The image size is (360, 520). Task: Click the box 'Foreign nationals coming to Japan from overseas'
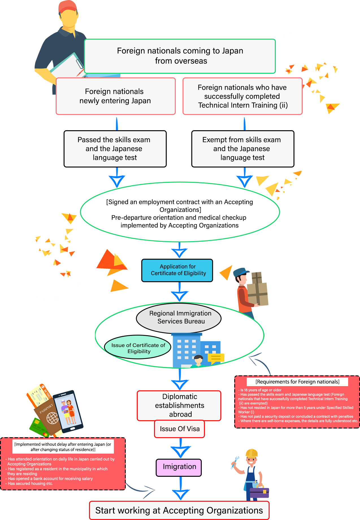[180, 56]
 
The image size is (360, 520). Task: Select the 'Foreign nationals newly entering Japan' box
[116, 96]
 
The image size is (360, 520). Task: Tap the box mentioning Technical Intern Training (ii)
[242, 96]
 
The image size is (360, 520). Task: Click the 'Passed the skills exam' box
[115, 149]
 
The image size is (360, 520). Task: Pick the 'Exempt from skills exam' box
[242, 149]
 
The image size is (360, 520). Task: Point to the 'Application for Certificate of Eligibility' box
[177, 270]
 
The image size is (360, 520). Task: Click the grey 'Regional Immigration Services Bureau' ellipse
[179, 318]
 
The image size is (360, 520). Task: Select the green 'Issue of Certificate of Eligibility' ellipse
[138, 347]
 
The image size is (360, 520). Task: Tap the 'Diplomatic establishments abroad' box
[179, 406]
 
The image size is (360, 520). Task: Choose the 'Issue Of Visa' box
[179, 429]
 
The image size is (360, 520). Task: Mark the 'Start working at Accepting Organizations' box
[179, 510]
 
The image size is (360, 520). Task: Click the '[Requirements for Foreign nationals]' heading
[297, 382]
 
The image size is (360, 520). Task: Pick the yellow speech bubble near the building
[216, 358]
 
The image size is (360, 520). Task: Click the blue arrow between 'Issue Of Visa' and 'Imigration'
[181, 448]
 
